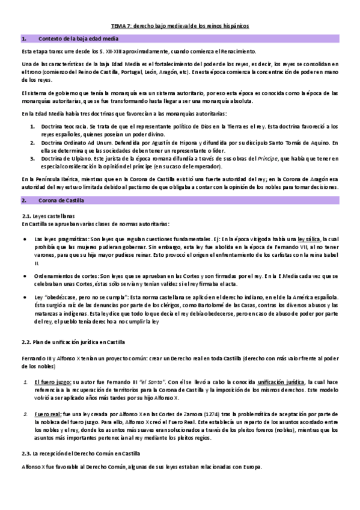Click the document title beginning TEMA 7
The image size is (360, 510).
click(x=180, y=26)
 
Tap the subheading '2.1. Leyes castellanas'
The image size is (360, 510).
click(x=40, y=215)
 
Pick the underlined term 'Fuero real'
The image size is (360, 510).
click(x=47, y=414)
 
